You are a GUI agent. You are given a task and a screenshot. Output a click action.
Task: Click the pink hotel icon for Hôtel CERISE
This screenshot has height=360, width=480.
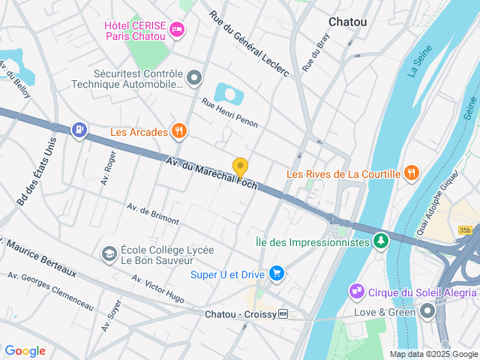pos(177,29)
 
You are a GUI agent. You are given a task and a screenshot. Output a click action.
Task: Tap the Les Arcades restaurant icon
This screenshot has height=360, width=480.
pos(178,132)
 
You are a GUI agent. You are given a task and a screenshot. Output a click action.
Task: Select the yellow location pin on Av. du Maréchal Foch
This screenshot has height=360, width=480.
pos(240,166)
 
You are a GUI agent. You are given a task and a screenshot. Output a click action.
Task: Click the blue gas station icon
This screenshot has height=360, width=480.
pos(79,130)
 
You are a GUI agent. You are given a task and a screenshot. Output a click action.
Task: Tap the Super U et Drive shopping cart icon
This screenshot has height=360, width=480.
pos(277,274)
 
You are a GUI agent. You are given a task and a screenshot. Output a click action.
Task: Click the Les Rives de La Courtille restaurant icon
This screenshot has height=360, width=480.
pos(411,174)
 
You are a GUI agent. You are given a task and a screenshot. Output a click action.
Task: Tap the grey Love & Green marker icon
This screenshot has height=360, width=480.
pos(427,310)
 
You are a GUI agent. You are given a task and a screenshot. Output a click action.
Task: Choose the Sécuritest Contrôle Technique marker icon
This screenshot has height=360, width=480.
pos(195,78)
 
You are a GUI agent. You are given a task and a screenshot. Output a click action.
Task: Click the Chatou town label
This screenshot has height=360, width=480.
pos(348,22)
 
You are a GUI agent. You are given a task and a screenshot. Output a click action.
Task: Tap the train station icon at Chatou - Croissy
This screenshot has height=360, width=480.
pos(283,314)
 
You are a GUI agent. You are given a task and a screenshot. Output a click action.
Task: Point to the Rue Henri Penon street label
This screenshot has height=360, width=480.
pos(229,111)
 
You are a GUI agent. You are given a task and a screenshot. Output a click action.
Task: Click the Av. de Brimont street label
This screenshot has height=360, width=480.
pos(153,214)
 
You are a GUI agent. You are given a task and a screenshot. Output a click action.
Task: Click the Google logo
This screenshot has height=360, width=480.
pos(25,351)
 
